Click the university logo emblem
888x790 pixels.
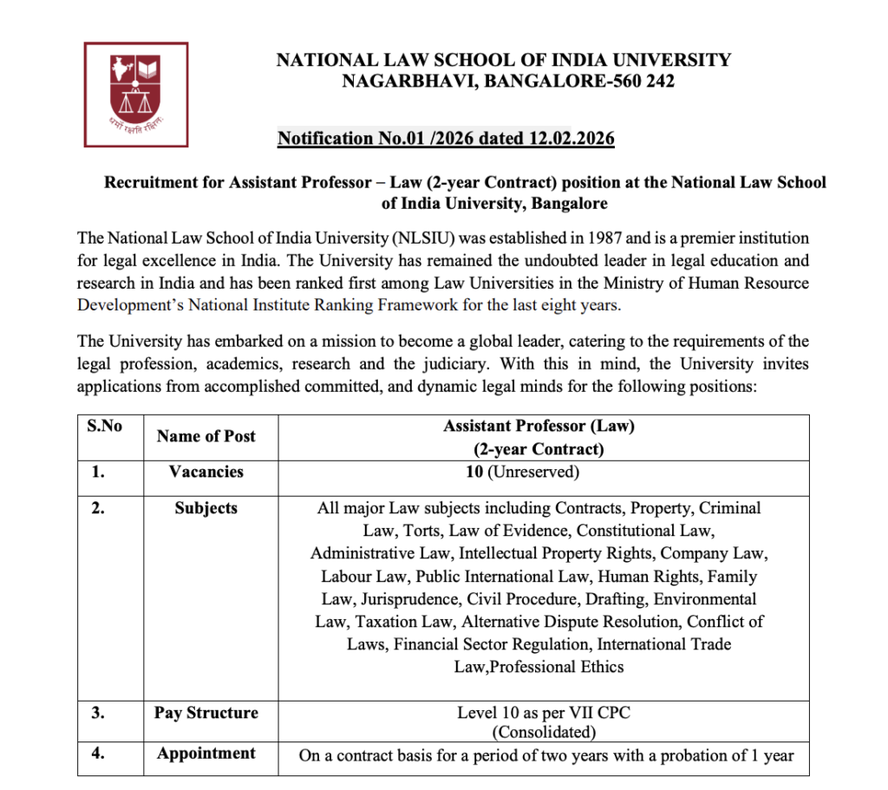coord(136,94)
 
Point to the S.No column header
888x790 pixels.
coord(104,426)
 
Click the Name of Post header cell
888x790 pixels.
coord(206,437)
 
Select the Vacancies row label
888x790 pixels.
coord(206,472)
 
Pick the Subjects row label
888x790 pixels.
coord(206,508)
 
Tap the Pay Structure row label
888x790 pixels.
coord(206,713)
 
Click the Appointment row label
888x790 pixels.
coord(206,753)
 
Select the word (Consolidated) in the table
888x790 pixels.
coord(539,733)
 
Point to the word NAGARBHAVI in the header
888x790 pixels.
coord(406,82)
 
